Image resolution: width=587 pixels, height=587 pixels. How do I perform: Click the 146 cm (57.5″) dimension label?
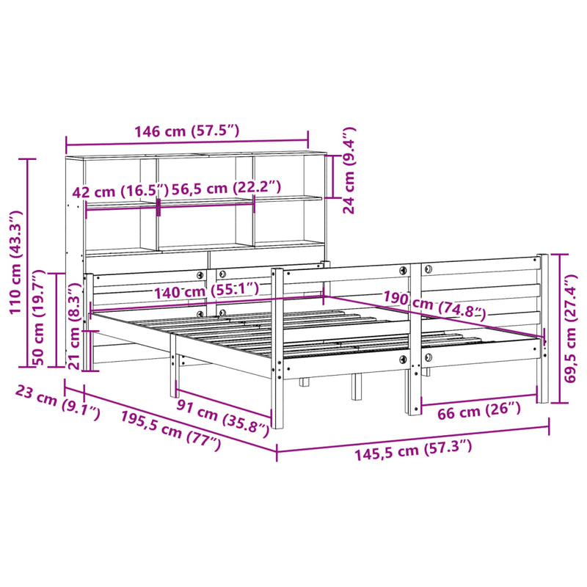(186, 132)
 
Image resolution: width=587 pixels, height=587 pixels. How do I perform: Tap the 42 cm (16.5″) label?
(115, 192)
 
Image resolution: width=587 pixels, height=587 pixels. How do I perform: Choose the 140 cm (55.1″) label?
(206, 292)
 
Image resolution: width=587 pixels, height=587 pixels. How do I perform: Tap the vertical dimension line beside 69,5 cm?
(561, 328)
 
